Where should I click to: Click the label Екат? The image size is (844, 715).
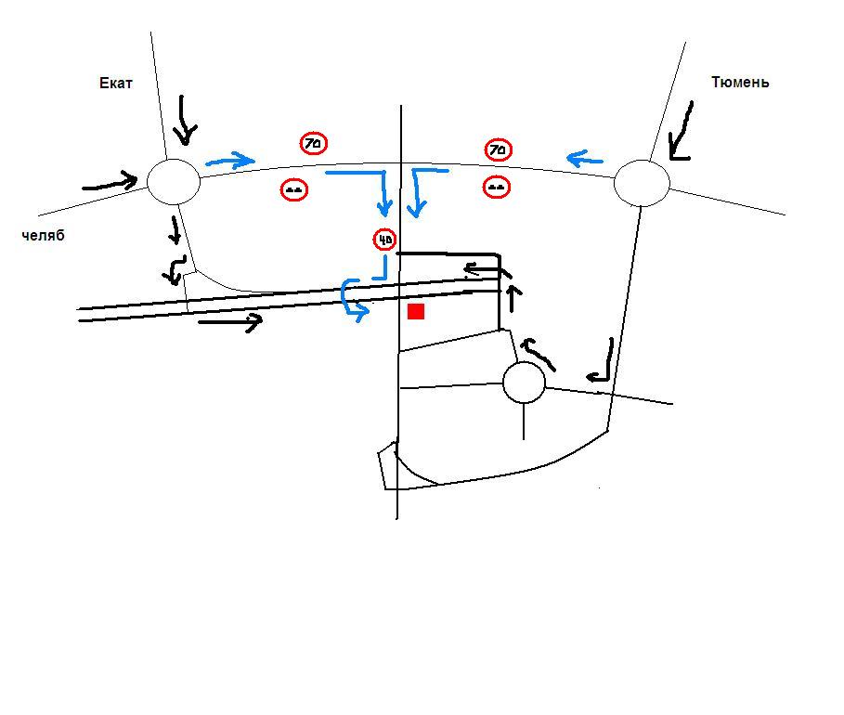tap(116, 83)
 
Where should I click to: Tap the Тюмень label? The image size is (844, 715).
tap(740, 82)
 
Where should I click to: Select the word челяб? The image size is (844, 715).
tap(43, 236)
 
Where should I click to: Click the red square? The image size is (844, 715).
tap(416, 311)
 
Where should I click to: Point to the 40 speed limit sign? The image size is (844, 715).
tap(384, 240)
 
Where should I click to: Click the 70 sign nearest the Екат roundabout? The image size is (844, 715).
tap(314, 143)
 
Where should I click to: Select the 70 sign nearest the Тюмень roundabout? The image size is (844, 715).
tap(499, 149)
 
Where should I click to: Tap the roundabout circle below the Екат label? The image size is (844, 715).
tap(174, 181)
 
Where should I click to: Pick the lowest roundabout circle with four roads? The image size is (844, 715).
tap(524, 383)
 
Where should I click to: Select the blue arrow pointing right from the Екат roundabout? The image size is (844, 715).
tap(229, 161)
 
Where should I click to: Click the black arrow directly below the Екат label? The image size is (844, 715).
tap(186, 121)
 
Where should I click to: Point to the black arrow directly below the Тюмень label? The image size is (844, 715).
tap(681, 133)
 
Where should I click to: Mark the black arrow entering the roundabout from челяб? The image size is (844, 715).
tap(111, 182)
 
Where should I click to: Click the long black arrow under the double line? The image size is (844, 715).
tap(230, 322)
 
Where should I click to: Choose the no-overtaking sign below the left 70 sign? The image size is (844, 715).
tap(294, 189)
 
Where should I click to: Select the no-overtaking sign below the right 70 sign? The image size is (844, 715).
tap(497, 187)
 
